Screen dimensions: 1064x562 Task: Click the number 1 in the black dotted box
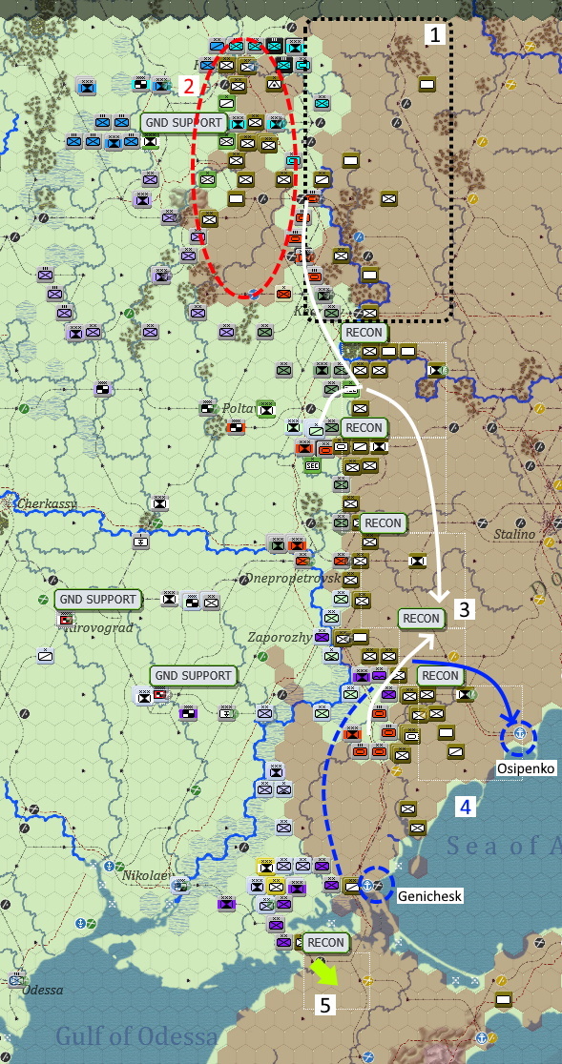click(435, 36)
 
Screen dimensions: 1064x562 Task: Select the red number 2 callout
click(189, 84)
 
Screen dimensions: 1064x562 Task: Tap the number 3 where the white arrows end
click(462, 608)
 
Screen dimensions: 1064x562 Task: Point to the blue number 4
click(465, 807)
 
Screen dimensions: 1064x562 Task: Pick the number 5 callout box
click(323, 1004)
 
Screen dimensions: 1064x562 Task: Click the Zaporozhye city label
click(306, 637)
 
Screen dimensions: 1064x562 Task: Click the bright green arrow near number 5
click(324, 972)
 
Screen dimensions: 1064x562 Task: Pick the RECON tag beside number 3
click(421, 618)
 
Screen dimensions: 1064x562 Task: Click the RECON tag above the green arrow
click(325, 942)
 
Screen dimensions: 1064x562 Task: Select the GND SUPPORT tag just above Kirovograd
click(97, 599)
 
